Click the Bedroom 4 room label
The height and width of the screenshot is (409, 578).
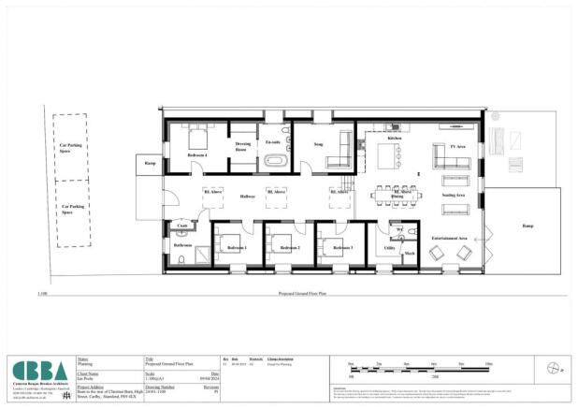click(197, 154)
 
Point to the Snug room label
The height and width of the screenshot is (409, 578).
click(318, 146)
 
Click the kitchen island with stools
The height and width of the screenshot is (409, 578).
click(395, 152)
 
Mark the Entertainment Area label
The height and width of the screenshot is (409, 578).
click(450, 239)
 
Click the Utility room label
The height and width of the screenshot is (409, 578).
click(390, 249)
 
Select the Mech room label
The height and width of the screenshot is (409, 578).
click(409, 252)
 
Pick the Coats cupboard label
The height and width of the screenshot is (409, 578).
click(182, 226)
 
